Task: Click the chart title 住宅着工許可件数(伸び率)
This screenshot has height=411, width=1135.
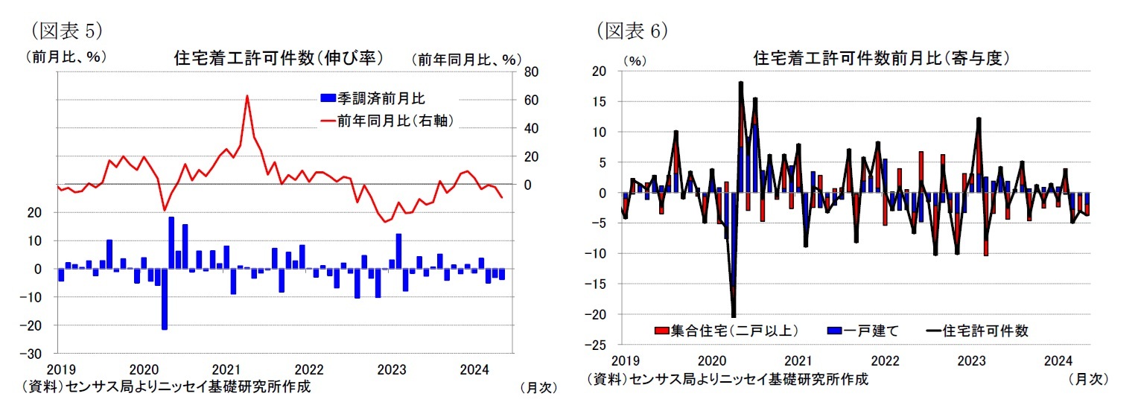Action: [278, 57]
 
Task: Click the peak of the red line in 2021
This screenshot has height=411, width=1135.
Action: [247, 95]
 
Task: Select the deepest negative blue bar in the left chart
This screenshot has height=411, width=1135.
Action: [164, 299]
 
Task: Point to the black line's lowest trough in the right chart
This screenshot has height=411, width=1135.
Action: [734, 316]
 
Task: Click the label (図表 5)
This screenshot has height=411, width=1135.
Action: [66, 30]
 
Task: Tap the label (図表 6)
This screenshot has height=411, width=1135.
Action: [632, 30]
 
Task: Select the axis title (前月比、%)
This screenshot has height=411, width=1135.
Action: [66, 56]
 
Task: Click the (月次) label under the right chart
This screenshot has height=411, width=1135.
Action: [1088, 379]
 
